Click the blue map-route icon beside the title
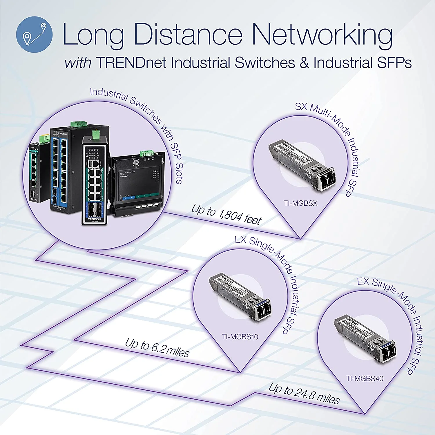pos(34,34)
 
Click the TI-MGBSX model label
pos(300,203)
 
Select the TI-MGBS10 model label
pos(240,337)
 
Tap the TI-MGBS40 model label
pos(365,378)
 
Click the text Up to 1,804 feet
pos(226,215)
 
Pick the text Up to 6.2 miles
pos(157,347)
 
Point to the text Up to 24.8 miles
pos(304,394)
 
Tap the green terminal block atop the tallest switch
pos(79,124)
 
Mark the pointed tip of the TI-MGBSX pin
pos(300,238)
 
